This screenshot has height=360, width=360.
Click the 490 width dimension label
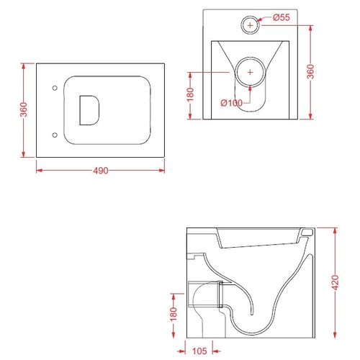coord(101,171)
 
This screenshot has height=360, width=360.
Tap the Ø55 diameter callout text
coord(282,17)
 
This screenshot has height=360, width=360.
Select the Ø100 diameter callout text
coord(232,103)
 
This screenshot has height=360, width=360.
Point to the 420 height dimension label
coord(336,282)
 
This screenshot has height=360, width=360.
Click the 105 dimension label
coord(199,351)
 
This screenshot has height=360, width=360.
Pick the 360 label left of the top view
coord(24,109)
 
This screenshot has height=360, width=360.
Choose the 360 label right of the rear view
coord(310,71)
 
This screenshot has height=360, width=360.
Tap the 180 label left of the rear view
coord(190,95)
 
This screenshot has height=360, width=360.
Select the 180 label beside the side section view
coord(173,314)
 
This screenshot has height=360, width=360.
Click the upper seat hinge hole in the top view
coord(55,88)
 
